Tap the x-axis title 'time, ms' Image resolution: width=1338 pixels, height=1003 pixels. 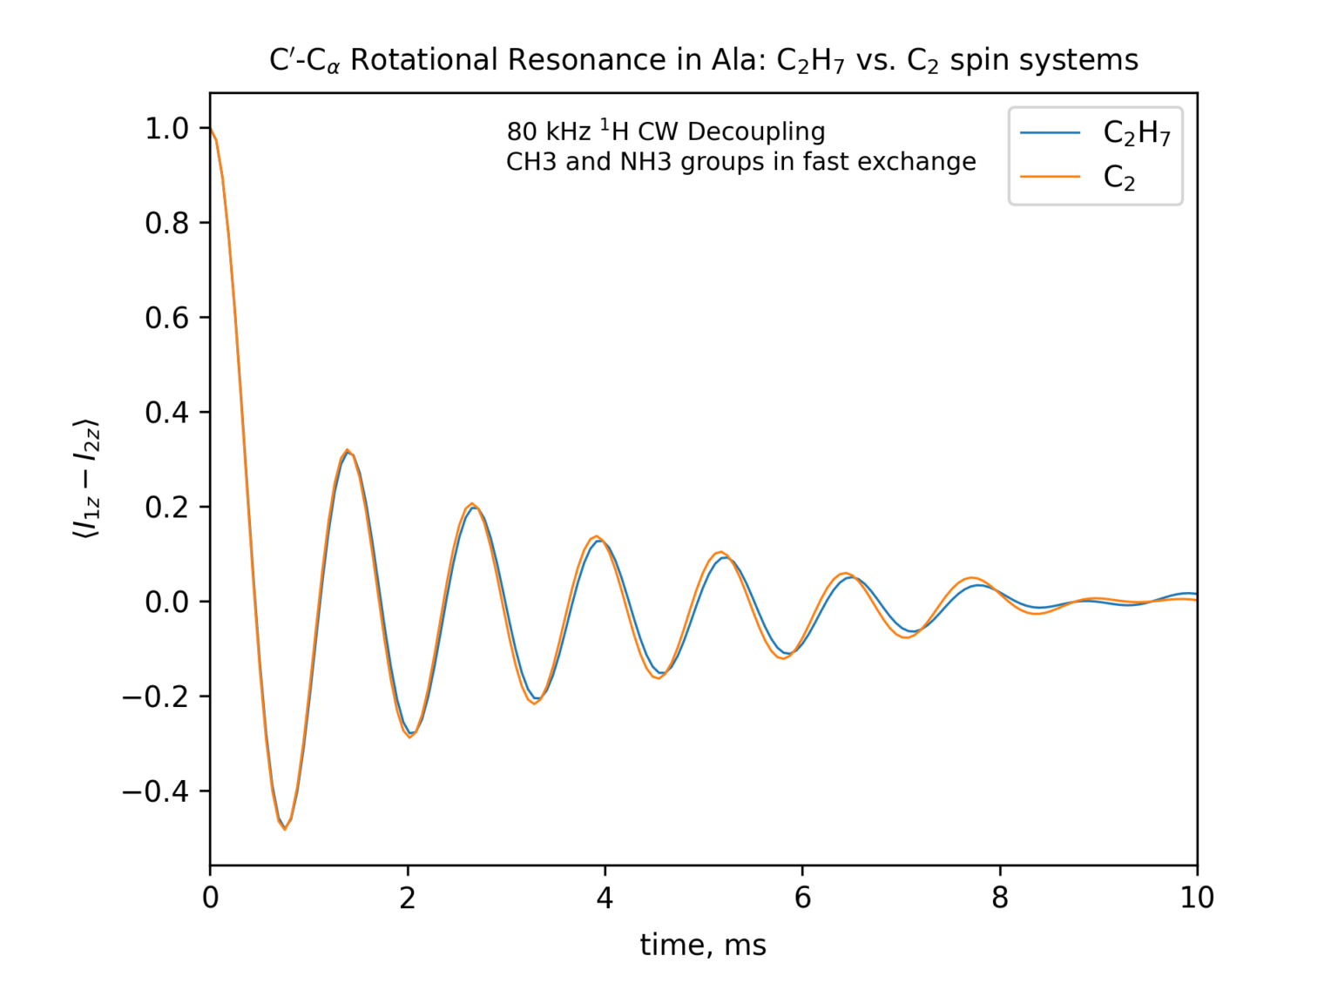click(703, 945)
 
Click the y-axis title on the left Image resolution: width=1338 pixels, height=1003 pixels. click(86, 479)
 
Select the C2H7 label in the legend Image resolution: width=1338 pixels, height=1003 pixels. click(1137, 133)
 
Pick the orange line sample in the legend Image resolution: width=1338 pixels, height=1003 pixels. click(1050, 178)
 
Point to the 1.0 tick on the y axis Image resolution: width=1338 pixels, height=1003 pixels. click(166, 129)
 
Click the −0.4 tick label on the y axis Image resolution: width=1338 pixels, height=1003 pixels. click(155, 791)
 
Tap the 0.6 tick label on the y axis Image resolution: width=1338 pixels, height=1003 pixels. click(166, 318)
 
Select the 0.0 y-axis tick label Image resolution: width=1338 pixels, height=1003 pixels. click(166, 602)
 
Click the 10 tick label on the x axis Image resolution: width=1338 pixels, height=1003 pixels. click(1196, 898)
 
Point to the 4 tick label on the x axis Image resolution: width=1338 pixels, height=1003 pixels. click(605, 898)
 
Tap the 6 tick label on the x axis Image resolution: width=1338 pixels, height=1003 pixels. click(802, 898)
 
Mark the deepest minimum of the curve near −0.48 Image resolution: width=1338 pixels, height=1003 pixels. click(284, 829)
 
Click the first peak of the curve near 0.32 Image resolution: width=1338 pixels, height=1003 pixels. click(348, 450)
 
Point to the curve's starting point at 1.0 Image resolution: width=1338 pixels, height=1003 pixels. click(211, 129)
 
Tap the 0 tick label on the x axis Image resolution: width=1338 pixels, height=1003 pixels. click(210, 898)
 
